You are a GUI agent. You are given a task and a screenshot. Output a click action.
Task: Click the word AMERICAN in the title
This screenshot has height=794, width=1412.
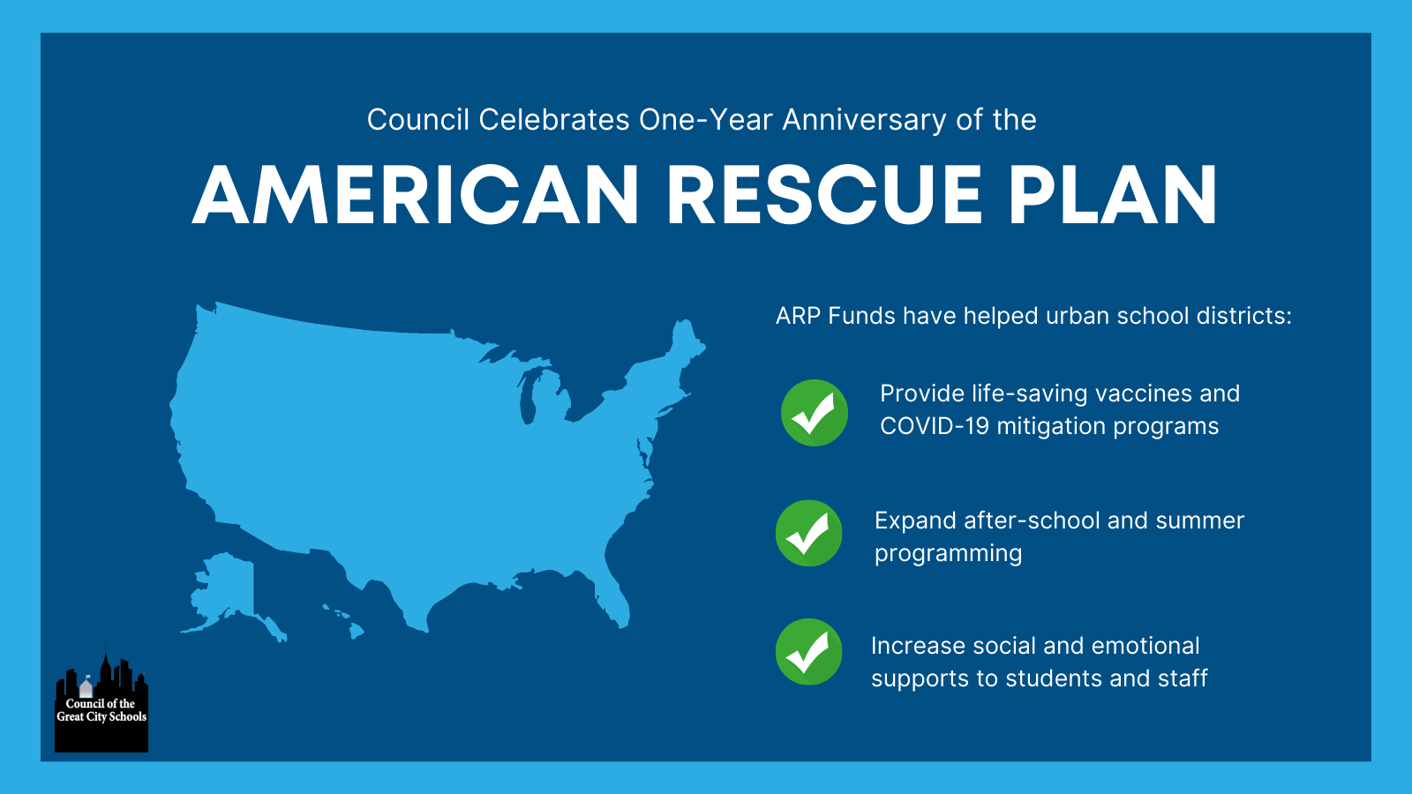click(416, 194)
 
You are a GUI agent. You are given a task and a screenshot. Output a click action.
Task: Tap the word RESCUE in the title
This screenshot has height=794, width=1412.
click(824, 194)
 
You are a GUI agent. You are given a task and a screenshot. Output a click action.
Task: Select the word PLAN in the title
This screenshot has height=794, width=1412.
click(1113, 194)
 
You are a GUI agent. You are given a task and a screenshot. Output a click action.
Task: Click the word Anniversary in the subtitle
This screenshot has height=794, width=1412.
click(864, 120)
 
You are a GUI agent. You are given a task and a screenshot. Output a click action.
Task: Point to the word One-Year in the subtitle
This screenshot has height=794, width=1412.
click(705, 120)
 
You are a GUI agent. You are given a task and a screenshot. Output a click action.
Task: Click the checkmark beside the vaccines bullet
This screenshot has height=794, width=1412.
click(815, 413)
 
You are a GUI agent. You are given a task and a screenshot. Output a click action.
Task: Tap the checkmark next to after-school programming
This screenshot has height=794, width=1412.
click(808, 533)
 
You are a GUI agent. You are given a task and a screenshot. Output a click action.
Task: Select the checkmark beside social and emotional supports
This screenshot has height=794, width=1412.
click(808, 652)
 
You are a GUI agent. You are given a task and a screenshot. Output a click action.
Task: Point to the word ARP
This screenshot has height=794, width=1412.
click(798, 316)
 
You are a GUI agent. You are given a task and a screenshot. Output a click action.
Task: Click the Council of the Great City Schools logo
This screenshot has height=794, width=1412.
click(101, 700)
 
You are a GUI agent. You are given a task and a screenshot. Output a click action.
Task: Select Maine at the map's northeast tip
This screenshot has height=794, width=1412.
click(686, 342)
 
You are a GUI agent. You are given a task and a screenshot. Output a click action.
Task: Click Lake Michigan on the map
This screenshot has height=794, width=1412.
click(528, 398)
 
